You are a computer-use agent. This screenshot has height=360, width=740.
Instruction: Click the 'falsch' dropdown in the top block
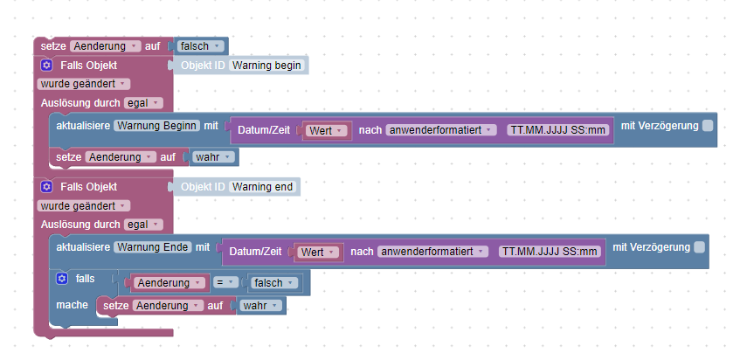(x=200, y=45)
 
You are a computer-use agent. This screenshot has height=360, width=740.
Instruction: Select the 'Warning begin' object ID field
(x=267, y=66)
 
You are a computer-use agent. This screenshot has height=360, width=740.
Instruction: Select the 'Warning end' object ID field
(x=262, y=187)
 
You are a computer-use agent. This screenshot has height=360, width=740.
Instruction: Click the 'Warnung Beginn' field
(x=157, y=126)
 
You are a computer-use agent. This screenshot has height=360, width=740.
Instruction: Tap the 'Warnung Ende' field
(x=153, y=247)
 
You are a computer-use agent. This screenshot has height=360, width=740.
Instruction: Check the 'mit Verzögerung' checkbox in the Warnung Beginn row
(x=708, y=127)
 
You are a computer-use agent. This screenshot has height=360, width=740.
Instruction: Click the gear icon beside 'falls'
(x=61, y=279)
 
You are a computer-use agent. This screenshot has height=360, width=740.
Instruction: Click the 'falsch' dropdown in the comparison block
(x=273, y=283)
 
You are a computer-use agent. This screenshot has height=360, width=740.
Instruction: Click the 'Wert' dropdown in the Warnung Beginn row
(x=327, y=131)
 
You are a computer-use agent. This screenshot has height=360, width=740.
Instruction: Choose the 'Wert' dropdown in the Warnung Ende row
(x=318, y=253)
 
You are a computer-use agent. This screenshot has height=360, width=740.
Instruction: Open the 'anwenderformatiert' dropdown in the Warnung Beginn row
(x=441, y=130)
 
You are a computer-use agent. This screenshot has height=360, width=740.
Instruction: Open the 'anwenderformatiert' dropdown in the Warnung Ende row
(x=432, y=252)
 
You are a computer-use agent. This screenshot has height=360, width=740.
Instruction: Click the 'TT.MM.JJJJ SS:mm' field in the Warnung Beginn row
(x=557, y=130)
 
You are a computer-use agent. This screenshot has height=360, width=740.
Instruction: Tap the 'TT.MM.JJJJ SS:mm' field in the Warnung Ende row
(x=549, y=252)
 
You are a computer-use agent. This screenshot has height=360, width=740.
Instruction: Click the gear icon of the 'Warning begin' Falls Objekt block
(x=47, y=66)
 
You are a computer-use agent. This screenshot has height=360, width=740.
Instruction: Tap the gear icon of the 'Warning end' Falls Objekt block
(x=47, y=187)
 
